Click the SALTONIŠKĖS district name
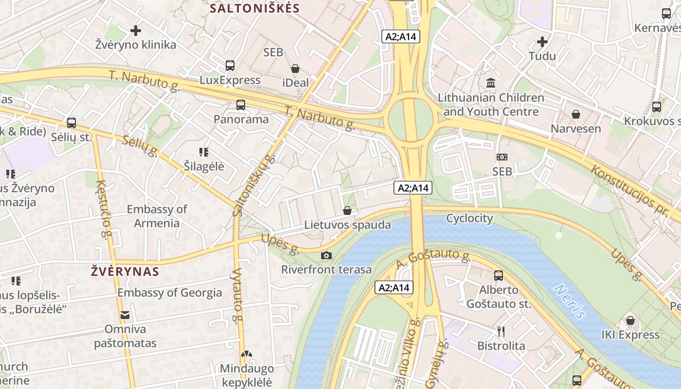[255, 8]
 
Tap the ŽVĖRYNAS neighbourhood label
[125, 271]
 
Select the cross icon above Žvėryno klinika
[136, 31]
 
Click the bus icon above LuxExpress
[230, 66]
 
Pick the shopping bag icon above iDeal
[295, 69]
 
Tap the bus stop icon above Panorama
[240, 105]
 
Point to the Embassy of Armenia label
[157, 216]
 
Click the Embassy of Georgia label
[169, 293]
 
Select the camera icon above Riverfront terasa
[326, 255]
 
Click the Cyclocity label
[469, 218]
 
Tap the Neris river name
[570, 301]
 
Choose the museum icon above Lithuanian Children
[491, 83]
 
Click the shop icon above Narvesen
[576, 114]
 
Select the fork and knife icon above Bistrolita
[501, 332]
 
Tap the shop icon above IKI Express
[630, 320]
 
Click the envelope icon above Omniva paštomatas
[125, 315]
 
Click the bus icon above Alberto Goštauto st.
[499, 276]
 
